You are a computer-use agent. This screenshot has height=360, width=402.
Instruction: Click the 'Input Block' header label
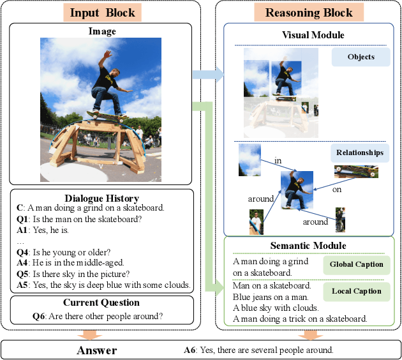click(x=102, y=13)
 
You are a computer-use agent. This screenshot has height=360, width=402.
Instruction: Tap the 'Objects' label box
click(x=361, y=57)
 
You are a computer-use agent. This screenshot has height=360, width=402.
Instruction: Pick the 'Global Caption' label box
click(x=356, y=264)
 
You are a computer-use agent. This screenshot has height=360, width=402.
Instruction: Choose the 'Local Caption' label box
click(x=356, y=291)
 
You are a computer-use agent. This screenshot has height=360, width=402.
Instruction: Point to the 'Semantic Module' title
click(x=308, y=246)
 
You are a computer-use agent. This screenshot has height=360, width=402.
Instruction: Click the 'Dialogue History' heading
click(x=102, y=198)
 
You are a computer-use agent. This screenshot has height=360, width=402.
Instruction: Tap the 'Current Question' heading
click(x=102, y=303)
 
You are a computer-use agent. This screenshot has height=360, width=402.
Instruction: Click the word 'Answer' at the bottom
click(x=97, y=350)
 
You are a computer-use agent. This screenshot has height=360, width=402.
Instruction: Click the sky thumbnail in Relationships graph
click(x=249, y=160)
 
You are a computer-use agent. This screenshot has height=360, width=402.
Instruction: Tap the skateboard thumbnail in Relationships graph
click(x=356, y=172)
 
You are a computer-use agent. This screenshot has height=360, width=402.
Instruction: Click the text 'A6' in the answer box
click(x=190, y=349)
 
